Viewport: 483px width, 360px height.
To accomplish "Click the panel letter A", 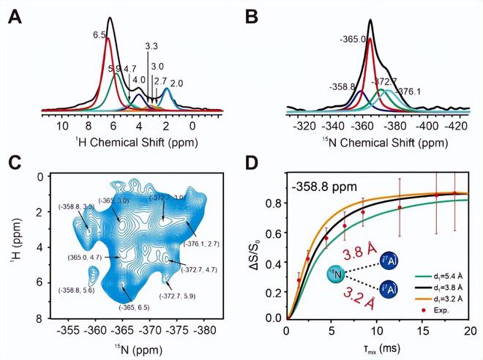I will point(12,15).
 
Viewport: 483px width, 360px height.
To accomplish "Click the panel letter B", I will point(257,15).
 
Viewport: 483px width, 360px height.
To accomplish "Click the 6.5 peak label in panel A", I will point(101,34).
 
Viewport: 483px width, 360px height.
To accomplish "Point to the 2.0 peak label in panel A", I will point(177,84).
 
